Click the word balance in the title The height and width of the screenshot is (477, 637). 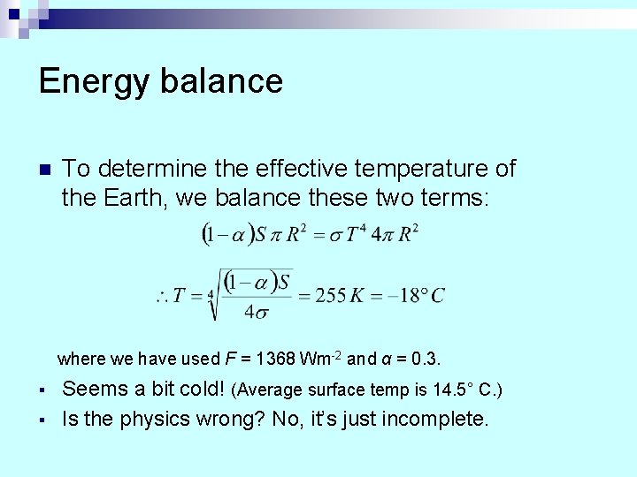(x=222, y=80)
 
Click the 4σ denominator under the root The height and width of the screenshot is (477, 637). (x=256, y=311)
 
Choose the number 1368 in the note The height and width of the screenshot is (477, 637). (x=274, y=360)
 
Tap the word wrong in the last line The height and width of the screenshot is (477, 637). (x=232, y=418)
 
